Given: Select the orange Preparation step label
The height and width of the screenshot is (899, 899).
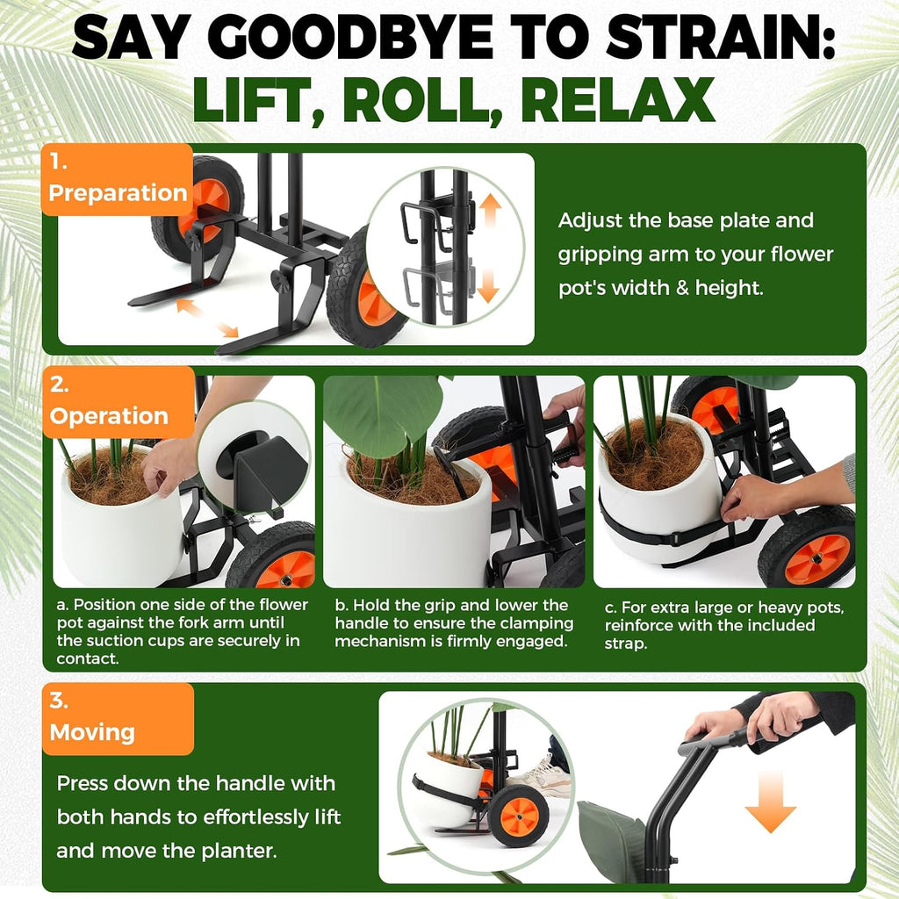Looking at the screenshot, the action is [117, 179].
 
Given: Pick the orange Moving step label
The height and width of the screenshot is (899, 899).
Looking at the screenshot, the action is [118, 719].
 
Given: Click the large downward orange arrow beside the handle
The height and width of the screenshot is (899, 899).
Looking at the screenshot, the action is [770, 802].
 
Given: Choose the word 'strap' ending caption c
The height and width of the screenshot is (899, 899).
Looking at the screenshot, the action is [625, 644].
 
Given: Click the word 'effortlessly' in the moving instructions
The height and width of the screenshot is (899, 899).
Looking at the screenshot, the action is [247, 817].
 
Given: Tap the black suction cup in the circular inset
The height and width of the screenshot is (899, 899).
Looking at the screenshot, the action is [236, 455].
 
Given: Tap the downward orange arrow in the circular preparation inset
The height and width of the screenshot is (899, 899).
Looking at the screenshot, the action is [488, 286].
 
